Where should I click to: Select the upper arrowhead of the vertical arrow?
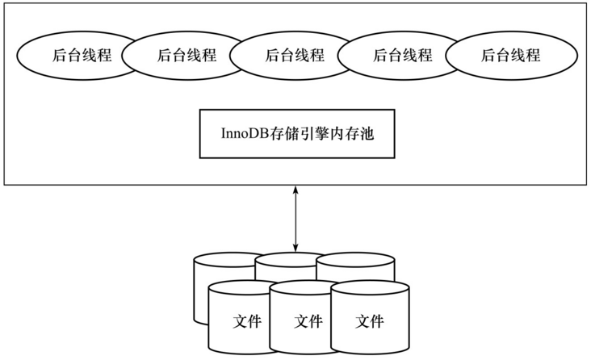point(295,190)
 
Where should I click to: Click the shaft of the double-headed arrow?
point(295,217)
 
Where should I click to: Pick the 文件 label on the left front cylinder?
point(247,321)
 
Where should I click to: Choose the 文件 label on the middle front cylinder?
point(308,321)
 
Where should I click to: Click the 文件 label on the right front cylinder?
point(370,321)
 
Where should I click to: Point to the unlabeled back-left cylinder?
point(202,291)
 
